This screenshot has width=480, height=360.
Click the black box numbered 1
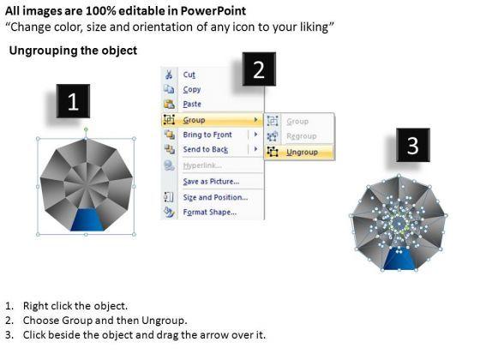click(73, 101)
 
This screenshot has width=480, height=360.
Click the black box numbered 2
click(259, 69)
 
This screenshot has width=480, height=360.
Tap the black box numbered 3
click(413, 145)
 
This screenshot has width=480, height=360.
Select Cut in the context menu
click(189, 75)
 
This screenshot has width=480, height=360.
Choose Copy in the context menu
click(192, 89)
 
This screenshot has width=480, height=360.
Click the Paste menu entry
click(192, 104)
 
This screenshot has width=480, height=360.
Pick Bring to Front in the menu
click(207, 135)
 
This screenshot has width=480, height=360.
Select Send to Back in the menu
click(206, 149)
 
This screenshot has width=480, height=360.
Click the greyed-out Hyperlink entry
click(202, 165)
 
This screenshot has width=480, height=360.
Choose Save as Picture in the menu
click(211, 182)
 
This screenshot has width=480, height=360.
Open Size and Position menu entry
click(215, 197)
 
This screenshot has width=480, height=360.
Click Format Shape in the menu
click(210, 213)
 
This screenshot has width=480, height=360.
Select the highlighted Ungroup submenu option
click(302, 153)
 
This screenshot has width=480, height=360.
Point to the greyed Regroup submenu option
click(301, 136)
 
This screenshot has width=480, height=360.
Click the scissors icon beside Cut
click(169, 75)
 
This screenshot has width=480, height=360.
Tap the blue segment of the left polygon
click(87, 219)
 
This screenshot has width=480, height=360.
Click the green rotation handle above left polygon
click(86, 129)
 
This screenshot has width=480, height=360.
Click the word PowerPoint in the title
click(213, 11)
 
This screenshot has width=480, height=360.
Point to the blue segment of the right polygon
click(399, 259)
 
